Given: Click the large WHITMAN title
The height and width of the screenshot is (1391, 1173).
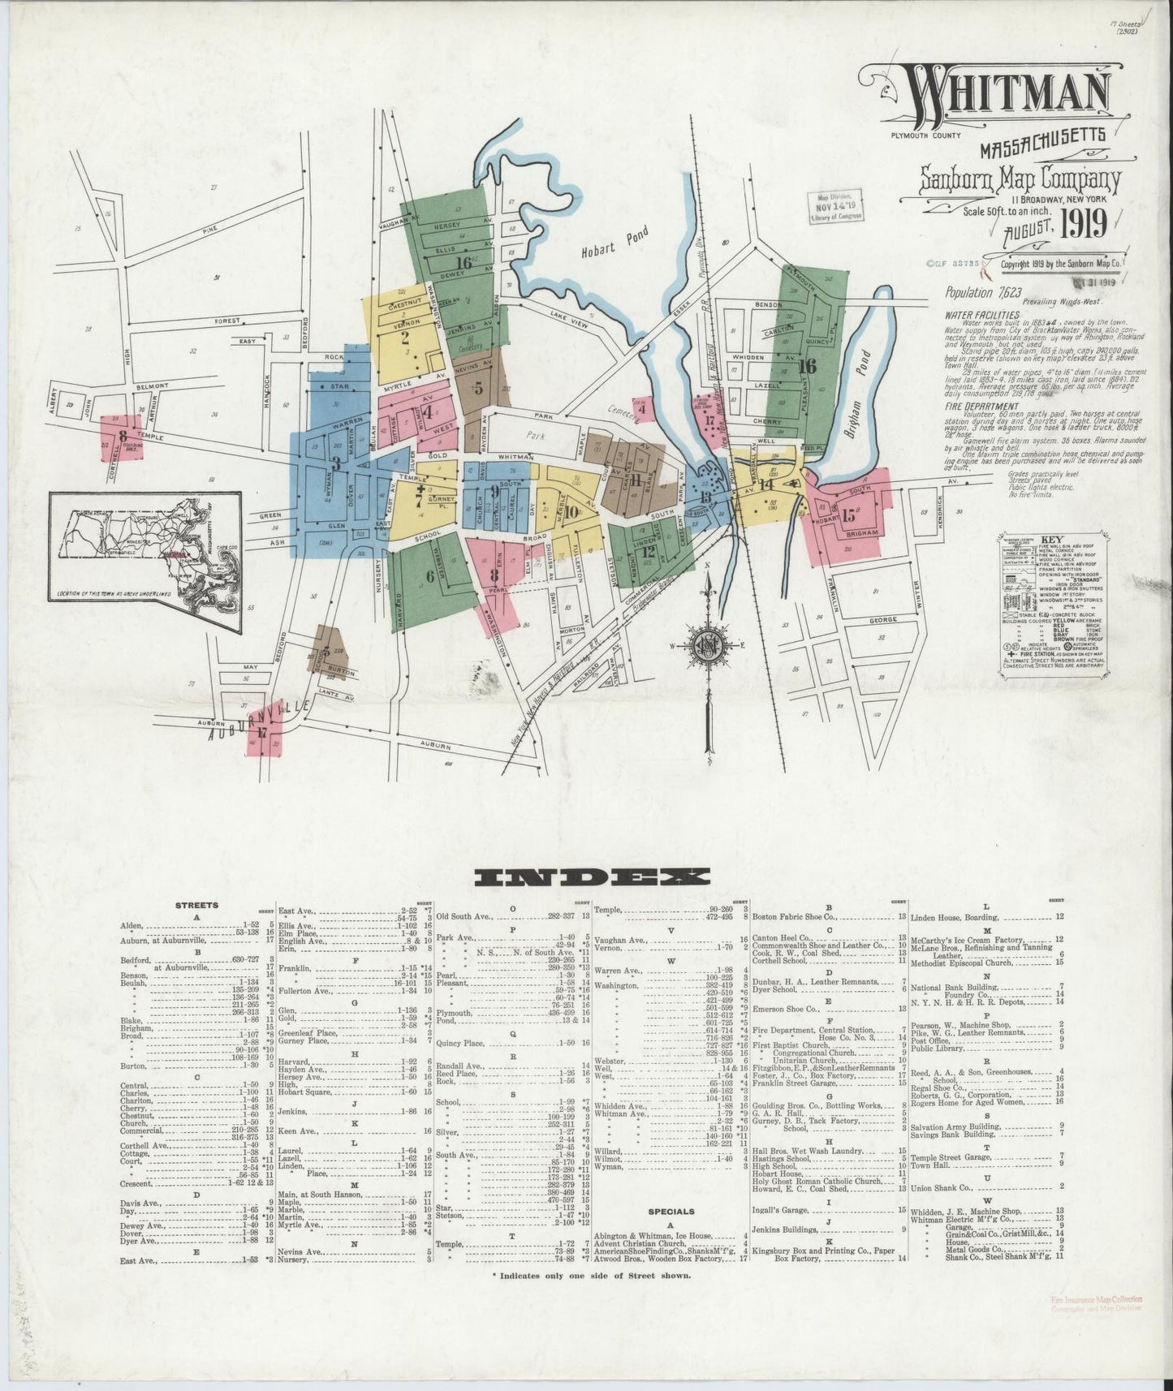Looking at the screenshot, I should click(1007, 99).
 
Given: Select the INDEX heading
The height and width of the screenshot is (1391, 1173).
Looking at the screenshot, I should click(592, 876).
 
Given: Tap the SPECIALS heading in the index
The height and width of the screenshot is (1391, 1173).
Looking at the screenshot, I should click(671, 1211).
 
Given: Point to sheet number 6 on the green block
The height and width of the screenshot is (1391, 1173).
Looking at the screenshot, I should click(429, 577).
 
